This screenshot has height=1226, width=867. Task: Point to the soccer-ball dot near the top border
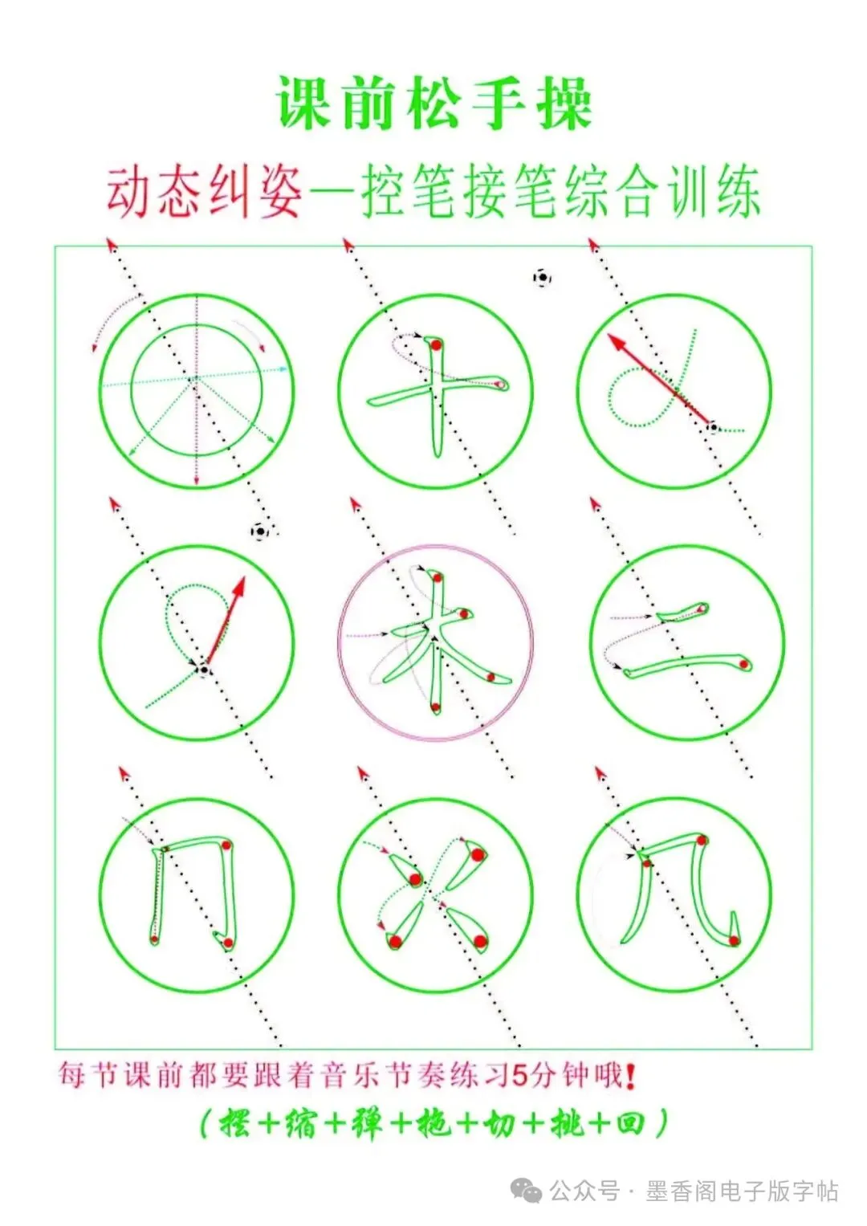[542, 278]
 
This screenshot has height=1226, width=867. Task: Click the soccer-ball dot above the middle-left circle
[260, 531]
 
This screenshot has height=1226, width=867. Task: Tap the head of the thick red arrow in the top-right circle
[617, 343]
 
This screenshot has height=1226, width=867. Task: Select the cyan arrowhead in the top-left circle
[283, 369]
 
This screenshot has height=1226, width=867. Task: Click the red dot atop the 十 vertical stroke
[436, 344]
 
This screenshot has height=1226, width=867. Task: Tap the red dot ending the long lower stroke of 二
[743, 665]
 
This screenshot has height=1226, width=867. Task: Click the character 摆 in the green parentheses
[234, 1124]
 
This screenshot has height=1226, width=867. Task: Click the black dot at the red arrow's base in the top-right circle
[713, 426]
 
